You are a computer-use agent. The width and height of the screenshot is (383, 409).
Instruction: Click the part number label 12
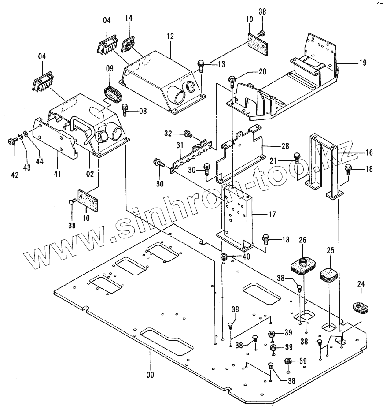pos(170,36)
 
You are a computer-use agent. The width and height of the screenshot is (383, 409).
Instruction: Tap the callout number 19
pos(363,63)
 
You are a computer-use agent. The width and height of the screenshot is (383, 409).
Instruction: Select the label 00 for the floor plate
pos(150,375)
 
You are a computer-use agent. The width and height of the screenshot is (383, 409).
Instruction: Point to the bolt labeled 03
pos(125,110)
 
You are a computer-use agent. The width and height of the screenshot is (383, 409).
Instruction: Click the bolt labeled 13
pos(201,66)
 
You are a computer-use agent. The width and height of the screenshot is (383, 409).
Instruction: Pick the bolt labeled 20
pos(232,81)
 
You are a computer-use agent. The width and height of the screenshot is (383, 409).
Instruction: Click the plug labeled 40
pos(224,257)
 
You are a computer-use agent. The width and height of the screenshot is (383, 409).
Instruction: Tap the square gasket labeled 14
pos(129,45)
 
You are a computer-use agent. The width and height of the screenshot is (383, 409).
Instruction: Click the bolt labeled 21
pos(296,158)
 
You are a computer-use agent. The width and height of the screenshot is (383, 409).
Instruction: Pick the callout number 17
pos(273,214)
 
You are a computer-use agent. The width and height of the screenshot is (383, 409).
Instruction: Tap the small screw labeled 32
pos(188,134)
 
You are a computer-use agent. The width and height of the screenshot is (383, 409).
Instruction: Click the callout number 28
pos(285,146)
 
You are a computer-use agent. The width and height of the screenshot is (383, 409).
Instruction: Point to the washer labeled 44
pos(26,134)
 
